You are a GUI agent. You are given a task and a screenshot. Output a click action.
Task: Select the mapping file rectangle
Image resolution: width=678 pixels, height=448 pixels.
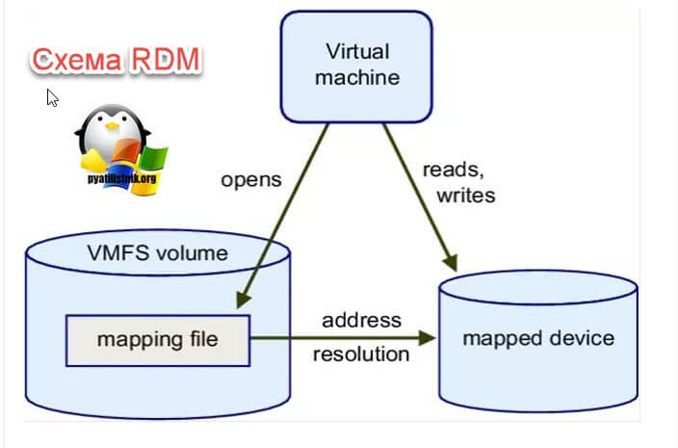point(157,339)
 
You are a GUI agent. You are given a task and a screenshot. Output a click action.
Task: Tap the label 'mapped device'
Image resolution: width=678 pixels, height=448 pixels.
point(537,338)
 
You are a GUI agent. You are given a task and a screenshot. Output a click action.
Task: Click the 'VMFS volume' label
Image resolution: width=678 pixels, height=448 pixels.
point(157,254)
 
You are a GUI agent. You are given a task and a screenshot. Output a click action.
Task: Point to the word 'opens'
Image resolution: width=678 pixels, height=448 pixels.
point(251,179)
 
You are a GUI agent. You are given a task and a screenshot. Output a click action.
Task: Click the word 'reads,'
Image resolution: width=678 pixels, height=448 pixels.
point(453,170)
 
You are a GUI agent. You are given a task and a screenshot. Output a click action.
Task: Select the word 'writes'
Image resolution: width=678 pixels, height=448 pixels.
point(465,196)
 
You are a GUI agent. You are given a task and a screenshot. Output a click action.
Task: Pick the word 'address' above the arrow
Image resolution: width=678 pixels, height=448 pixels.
point(361,320)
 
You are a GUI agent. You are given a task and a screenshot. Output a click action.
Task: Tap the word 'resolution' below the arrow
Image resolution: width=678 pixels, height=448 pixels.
point(361,354)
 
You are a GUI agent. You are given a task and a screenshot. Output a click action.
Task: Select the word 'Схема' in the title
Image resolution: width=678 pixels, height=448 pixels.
point(75,61)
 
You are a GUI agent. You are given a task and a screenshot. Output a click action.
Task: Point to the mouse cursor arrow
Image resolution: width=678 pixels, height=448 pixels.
point(52,97)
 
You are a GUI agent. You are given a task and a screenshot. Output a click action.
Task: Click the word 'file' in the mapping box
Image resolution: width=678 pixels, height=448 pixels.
point(200,339)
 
